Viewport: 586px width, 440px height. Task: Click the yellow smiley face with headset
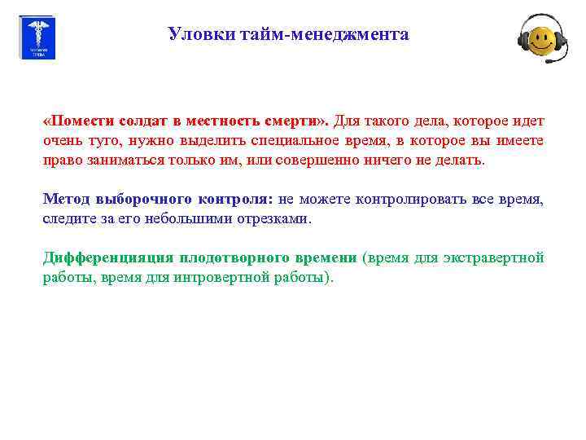point(541,38)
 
